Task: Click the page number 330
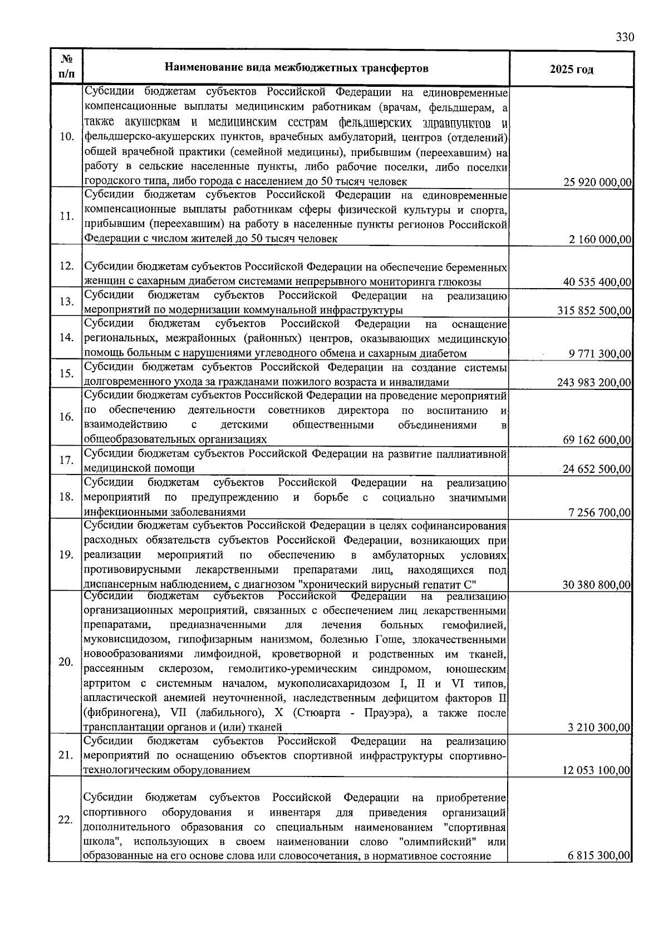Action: [625, 37]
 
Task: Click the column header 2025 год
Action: [571, 70]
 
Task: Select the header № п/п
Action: [67, 66]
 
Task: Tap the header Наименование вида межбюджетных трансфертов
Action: [297, 68]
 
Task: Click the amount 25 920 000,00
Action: [597, 182]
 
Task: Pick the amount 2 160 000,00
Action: [600, 240]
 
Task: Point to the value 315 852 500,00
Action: [594, 310]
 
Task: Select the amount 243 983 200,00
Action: [594, 383]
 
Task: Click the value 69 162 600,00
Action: [597, 440]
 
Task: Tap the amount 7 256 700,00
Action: [600, 512]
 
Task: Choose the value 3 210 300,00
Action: [599, 727]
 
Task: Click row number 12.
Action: [67, 266]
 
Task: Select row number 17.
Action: [67, 460]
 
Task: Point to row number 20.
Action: [67, 662]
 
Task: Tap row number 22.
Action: [66, 821]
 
